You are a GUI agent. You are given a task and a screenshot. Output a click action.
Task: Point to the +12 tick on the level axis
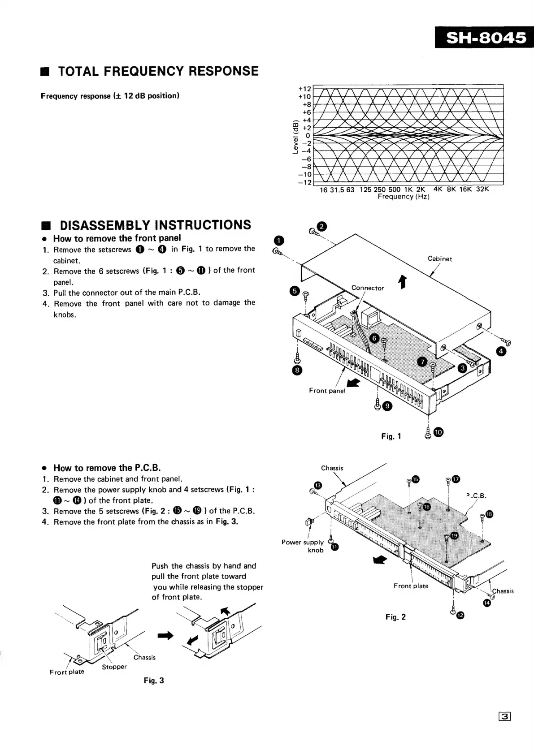click(x=304, y=88)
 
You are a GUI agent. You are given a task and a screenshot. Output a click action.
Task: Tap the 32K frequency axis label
click(x=482, y=189)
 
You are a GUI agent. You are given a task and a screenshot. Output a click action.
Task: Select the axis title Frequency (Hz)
click(x=403, y=197)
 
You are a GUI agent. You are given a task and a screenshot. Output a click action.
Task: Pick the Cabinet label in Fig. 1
click(x=440, y=259)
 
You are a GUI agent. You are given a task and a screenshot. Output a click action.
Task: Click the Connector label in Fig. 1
click(x=368, y=288)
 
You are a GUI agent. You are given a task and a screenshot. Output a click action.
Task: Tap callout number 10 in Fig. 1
click(x=438, y=432)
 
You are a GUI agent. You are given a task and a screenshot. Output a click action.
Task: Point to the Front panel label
click(x=327, y=391)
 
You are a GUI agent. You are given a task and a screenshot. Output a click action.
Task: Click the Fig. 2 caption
click(x=395, y=617)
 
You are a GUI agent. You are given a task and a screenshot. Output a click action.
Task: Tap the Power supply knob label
click(x=303, y=546)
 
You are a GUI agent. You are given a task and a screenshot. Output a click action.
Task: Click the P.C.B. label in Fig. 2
click(x=476, y=495)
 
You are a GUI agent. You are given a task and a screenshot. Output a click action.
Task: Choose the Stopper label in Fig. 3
click(x=114, y=667)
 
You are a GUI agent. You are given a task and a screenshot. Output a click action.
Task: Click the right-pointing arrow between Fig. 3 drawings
click(x=165, y=635)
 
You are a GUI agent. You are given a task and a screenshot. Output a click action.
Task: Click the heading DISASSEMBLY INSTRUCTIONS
click(x=155, y=225)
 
